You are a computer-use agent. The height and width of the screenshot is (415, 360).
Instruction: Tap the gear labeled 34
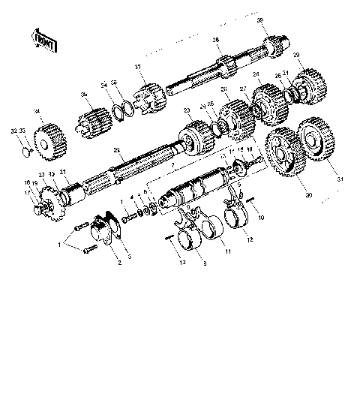46,138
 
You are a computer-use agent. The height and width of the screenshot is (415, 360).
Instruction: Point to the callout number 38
215,39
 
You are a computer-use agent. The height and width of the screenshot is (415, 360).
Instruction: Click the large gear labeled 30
286,155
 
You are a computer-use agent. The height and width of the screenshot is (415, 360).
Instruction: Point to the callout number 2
117,263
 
